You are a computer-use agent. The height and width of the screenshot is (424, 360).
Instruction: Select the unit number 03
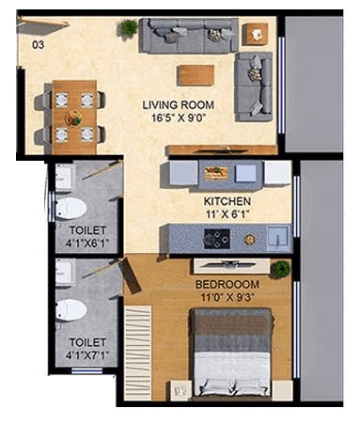tap(38, 44)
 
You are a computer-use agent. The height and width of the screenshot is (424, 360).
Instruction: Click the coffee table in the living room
tap(196, 74)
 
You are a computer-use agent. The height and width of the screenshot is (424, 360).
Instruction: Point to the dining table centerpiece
tap(73, 118)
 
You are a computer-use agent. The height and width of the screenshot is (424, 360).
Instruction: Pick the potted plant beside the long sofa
tap(128, 28)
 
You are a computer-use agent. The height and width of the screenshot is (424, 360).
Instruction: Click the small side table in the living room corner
tap(254, 34)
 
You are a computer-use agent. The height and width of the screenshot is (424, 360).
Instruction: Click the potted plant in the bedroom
tap(279, 270)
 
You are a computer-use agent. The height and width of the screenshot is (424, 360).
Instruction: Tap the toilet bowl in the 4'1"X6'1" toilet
tap(71, 207)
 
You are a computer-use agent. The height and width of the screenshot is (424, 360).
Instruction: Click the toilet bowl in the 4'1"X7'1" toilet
tap(71, 309)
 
